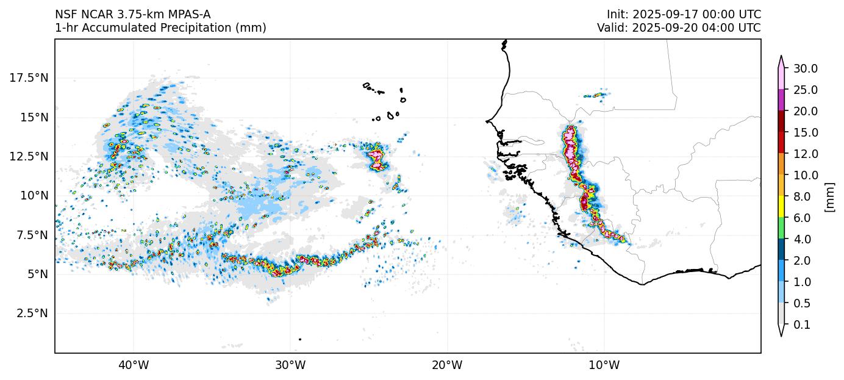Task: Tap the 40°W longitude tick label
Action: click(133, 365)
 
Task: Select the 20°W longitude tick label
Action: click(447, 365)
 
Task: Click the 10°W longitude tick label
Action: click(604, 365)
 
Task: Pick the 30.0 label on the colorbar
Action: click(805, 68)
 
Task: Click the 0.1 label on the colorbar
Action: click(803, 324)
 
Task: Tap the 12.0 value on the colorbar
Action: click(805, 154)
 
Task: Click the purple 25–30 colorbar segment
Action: click(781, 100)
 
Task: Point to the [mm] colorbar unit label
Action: click(829, 196)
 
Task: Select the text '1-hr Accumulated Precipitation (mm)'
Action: click(160, 28)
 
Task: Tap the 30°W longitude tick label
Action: click(290, 365)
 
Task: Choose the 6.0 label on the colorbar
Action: click(803, 218)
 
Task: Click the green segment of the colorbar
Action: click(781, 228)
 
